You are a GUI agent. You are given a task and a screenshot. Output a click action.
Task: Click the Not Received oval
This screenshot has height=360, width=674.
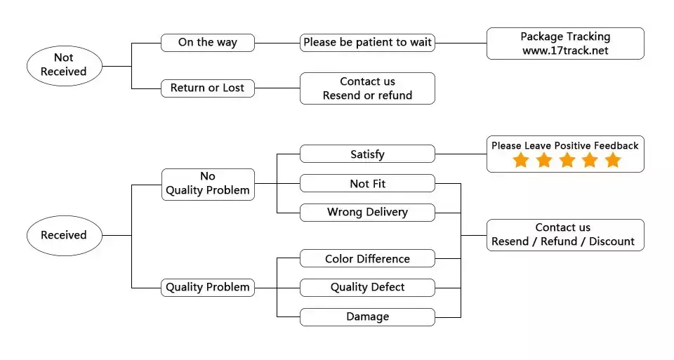tap(65, 66)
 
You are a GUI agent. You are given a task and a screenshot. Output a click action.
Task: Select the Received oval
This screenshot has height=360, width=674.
tap(65, 235)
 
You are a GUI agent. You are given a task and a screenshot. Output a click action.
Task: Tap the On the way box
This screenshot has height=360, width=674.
tap(208, 43)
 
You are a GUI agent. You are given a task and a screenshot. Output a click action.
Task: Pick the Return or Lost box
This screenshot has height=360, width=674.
tap(208, 88)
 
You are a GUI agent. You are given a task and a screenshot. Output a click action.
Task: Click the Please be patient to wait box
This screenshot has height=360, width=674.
tap(367, 43)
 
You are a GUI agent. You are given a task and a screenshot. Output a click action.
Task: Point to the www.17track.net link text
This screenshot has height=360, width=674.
tap(565, 51)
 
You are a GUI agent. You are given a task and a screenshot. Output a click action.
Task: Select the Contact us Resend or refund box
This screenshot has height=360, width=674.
tap(367, 88)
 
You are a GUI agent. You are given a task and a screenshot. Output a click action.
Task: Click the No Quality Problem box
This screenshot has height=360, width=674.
tap(208, 185)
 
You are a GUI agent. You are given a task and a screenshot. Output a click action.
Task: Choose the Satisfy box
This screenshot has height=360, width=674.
tap(367, 154)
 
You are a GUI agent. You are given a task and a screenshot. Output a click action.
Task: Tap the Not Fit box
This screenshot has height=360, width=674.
tap(367, 183)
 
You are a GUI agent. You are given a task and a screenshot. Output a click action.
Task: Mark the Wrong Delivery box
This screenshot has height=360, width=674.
tap(367, 212)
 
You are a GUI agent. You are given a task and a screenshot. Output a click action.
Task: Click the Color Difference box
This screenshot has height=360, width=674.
tap(367, 258)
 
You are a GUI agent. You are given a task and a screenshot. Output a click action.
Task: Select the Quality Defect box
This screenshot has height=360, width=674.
tap(367, 288)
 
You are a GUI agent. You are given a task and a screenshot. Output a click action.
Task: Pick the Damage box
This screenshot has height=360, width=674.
tap(367, 317)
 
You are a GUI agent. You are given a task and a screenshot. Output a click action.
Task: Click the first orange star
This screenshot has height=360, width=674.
tap(521, 160)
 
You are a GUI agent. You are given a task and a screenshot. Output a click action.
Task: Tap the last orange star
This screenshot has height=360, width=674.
tap(613, 160)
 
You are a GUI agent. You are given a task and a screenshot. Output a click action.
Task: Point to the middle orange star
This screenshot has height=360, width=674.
tap(567, 160)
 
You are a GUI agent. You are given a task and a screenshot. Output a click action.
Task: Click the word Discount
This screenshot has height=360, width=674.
tap(612, 241)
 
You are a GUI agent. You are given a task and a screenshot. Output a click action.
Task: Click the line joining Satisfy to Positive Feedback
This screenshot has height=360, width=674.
tap(461, 154)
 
